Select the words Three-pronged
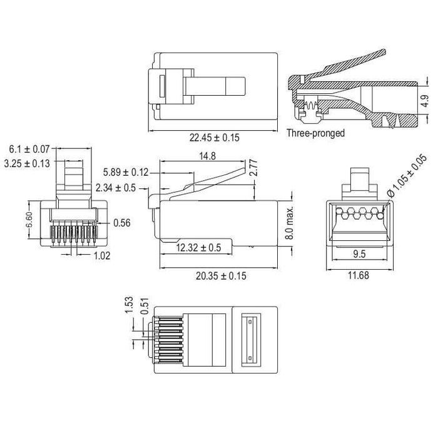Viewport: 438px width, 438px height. (x=316, y=133)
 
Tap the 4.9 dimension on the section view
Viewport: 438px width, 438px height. (x=425, y=101)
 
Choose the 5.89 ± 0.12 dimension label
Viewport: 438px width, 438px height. (x=126, y=172)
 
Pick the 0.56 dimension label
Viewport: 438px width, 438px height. (x=122, y=222)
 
